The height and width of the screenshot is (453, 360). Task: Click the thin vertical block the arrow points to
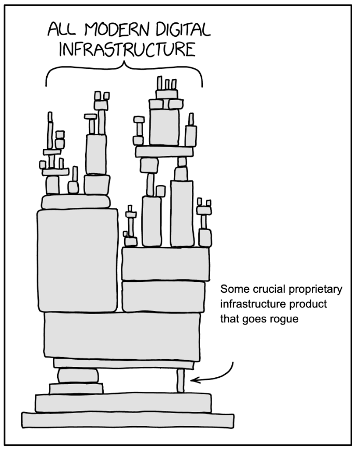(181, 381)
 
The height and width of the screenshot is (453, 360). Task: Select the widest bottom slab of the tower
(127, 419)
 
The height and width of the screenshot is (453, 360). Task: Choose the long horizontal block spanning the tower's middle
(122, 336)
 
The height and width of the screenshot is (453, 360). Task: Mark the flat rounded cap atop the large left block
(76, 202)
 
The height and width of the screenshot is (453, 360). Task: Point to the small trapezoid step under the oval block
(76, 388)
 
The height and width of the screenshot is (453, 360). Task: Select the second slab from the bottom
(123, 402)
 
